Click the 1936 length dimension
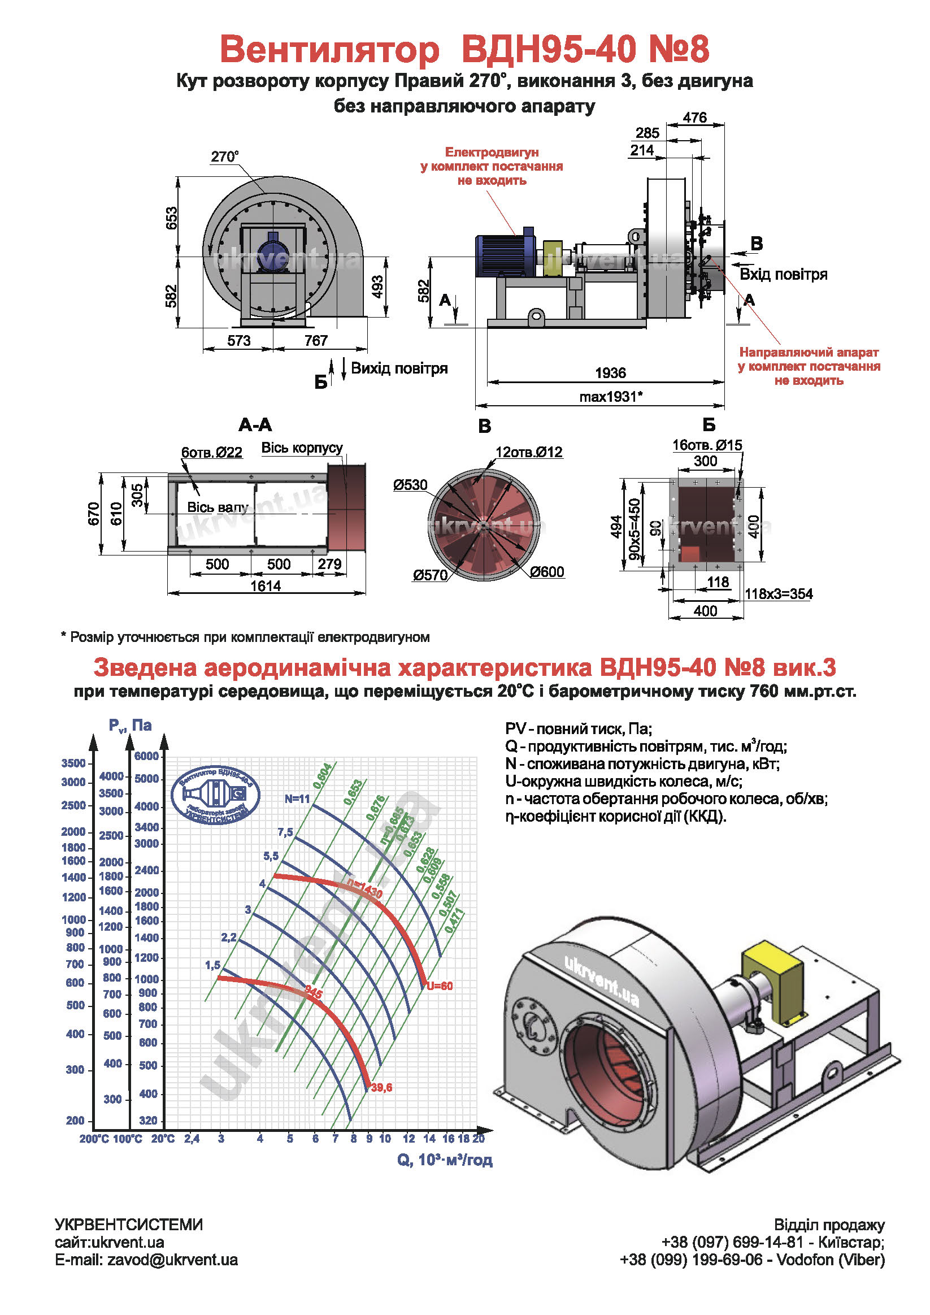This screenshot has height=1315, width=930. (x=610, y=373)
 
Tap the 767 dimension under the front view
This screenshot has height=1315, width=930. (x=315, y=341)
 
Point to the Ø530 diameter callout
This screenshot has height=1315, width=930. (x=410, y=485)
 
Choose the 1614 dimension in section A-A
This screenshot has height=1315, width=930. (x=266, y=586)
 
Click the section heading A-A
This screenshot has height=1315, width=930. (x=255, y=425)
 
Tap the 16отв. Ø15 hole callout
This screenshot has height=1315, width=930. (x=707, y=445)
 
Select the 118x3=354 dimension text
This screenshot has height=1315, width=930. (x=778, y=594)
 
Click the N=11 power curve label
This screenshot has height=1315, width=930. (x=297, y=799)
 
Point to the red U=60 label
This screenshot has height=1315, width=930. (x=440, y=986)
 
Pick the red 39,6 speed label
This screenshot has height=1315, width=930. (x=381, y=1088)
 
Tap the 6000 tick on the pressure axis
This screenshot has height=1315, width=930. (x=146, y=756)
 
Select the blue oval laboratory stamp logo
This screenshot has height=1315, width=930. (x=216, y=795)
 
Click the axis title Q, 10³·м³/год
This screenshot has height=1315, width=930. (x=445, y=1160)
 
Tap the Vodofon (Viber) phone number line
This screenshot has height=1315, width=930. (x=752, y=1260)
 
